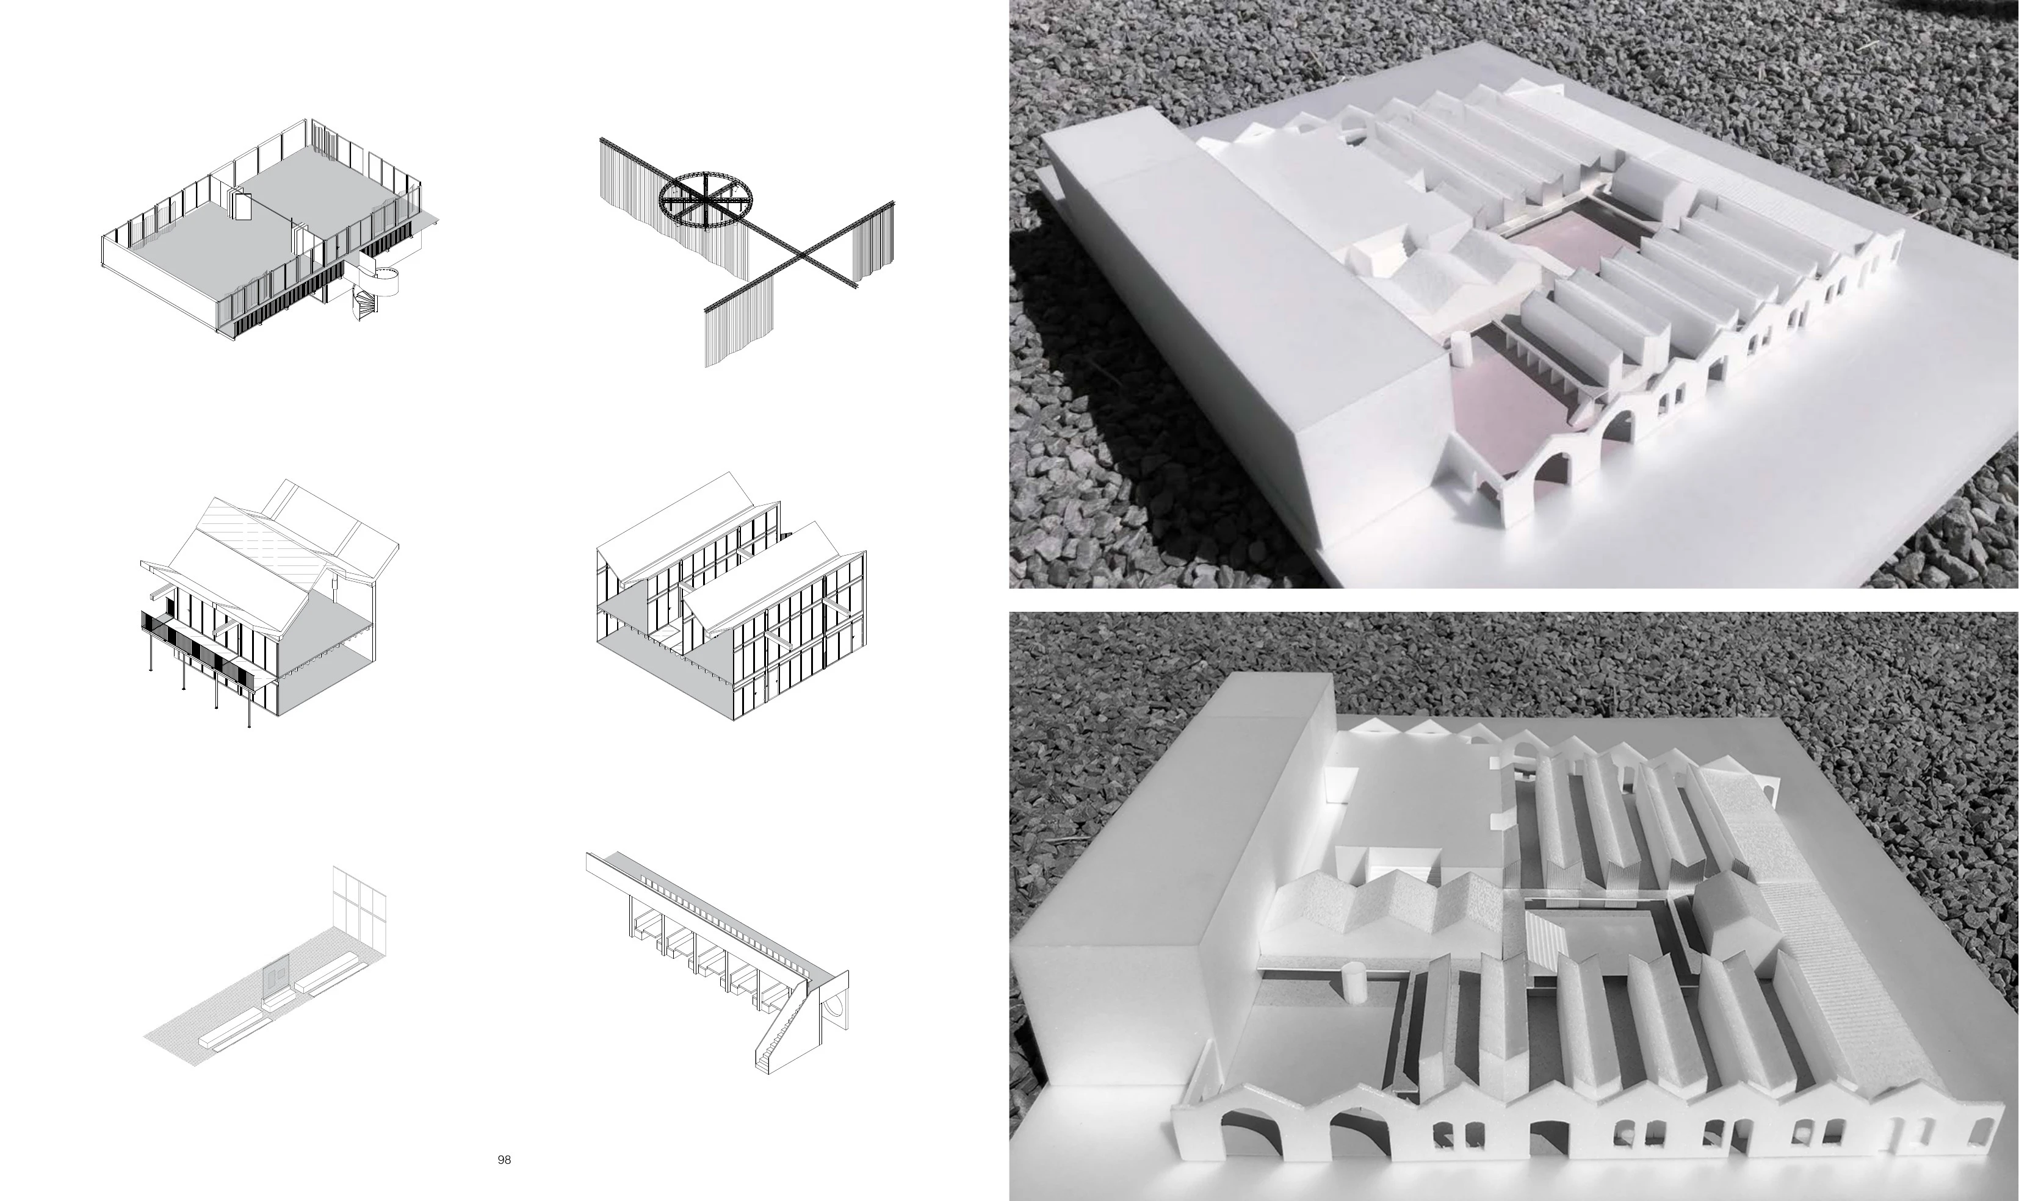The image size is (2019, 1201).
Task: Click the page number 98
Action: click(x=504, y=1160)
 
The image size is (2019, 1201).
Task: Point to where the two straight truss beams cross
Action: click(x=801, y=257)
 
